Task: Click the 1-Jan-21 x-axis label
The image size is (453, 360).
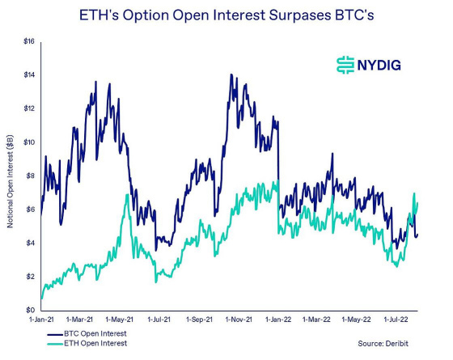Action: (x=41, y=320)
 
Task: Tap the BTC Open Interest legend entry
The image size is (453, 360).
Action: (x=91, y=333)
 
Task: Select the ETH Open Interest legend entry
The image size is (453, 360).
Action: (x=91, y=344)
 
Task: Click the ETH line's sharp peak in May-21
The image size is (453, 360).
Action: (x=127, y=195)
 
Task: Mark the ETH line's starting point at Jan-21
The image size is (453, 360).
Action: (x=41, y=299)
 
